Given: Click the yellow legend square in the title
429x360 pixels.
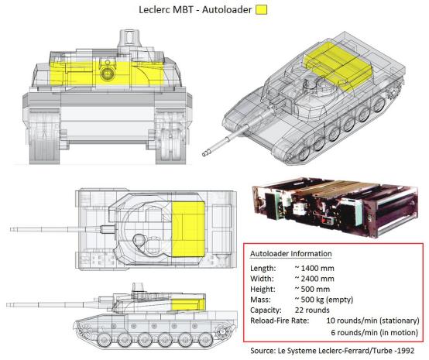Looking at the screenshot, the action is coord(261,9).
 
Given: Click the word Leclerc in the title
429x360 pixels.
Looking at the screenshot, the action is coord(154,9).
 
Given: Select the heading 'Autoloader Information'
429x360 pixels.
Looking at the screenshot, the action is coord(291,254).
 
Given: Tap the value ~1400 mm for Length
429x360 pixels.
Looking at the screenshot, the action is coord(314,268).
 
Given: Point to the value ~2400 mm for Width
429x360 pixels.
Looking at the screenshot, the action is coord(314,279).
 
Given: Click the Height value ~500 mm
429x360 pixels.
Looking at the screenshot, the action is coord(312,289).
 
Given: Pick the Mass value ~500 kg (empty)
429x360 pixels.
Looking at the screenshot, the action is coord(324,300).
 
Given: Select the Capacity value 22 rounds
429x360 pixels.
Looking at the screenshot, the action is coord(312,310).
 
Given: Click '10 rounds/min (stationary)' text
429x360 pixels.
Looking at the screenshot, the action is coord(372,321).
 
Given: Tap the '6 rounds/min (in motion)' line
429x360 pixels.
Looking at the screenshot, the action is coord(375,333).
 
